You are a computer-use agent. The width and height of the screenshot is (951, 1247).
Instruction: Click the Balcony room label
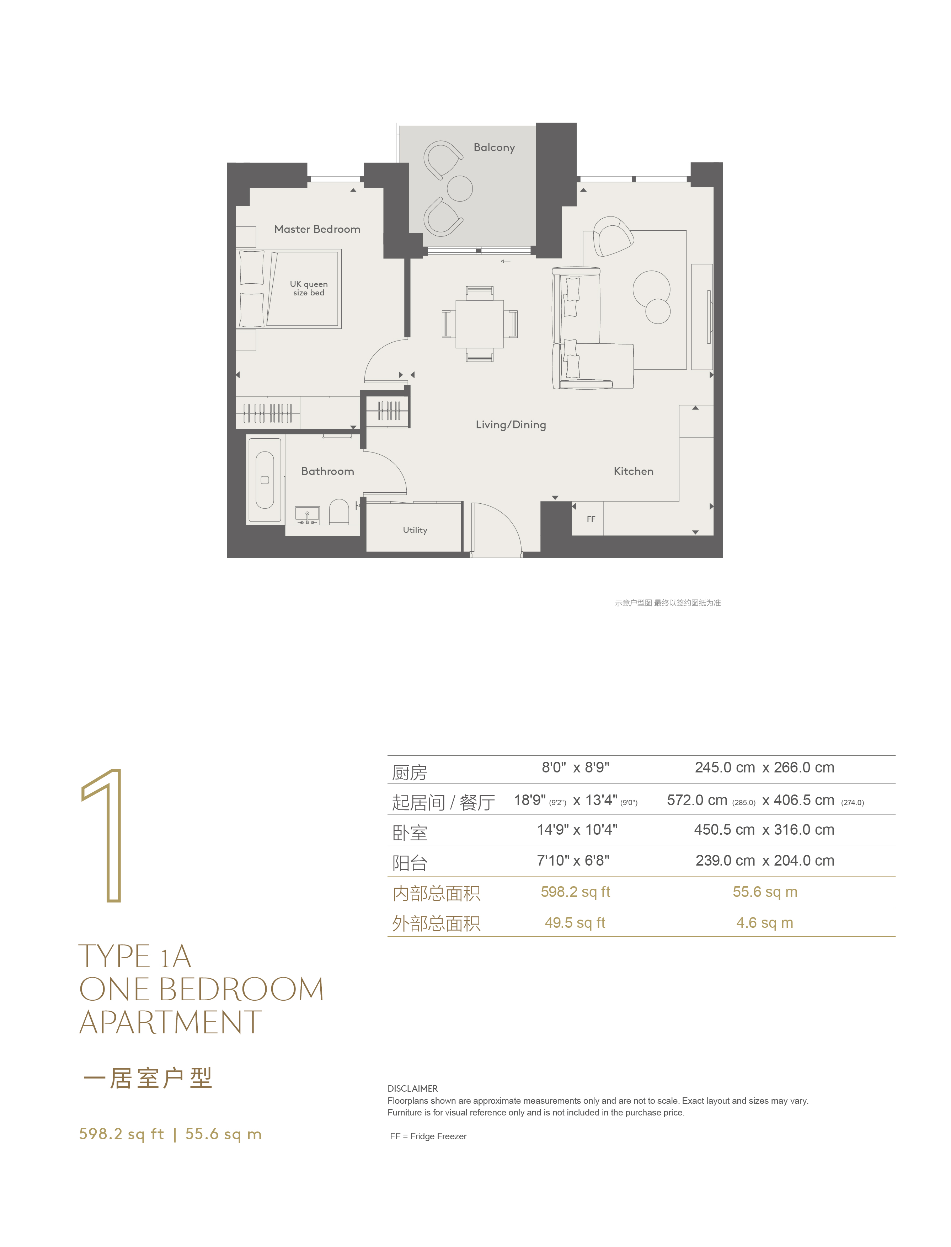(494, 148)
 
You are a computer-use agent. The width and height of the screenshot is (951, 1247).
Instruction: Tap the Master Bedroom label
(317, 229)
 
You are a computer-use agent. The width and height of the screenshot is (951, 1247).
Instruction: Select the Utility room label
(415, 530)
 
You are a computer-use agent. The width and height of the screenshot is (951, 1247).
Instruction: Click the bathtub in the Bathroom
(265, 480)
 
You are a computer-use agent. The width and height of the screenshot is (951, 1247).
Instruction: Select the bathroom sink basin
(307, 515)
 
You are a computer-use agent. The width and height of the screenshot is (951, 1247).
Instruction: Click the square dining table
(480, 324)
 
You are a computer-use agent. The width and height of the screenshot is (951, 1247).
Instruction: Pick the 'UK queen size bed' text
(309, 288)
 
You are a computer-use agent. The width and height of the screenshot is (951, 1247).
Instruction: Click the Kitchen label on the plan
(634, 471)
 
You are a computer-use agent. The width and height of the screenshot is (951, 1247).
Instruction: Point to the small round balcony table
(460, 188)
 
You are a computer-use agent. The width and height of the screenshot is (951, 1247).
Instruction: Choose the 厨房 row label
(410, 772)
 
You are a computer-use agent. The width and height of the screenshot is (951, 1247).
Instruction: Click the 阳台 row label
(410, 863)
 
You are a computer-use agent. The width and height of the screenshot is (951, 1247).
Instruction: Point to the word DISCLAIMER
(413, 1088)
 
